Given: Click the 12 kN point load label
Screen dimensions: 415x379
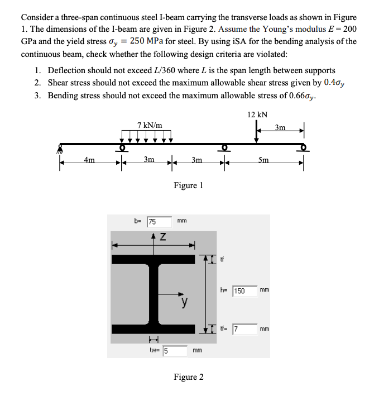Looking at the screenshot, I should [257, 114].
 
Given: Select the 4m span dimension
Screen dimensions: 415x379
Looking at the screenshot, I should [89, 160].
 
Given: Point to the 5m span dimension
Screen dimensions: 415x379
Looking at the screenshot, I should [263, 160].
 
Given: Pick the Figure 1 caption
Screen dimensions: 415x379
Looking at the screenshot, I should [188, 185].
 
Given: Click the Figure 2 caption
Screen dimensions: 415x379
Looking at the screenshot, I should [188, 377].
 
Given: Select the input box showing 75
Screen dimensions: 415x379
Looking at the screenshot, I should [159, 221].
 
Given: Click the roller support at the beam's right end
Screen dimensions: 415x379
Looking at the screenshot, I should [304, 148].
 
